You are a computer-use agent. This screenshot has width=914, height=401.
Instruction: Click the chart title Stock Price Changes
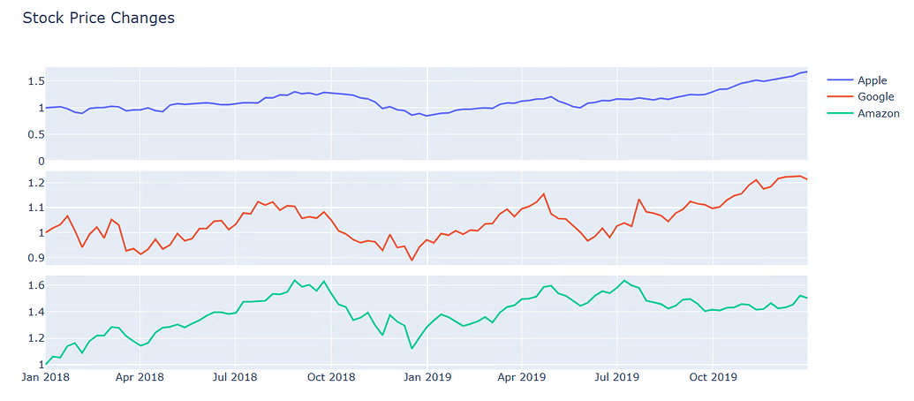tap(98, 18)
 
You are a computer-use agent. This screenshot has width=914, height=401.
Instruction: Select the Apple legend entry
tap(872, 80)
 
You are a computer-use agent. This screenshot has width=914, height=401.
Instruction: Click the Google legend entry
tap(875, 97)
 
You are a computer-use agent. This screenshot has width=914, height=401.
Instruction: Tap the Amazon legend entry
tap(878, 114)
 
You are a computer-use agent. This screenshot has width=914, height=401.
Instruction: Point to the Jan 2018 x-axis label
tap(45, 378)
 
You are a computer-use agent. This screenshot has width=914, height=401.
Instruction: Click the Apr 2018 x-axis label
tap(140, 378)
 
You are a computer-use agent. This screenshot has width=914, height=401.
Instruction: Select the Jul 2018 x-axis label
tap(235, 378)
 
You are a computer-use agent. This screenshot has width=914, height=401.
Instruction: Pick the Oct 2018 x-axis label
tap(330, 378)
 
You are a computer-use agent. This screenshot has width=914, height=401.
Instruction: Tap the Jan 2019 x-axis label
tap(427, 378)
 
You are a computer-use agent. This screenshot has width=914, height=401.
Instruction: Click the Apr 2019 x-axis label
tap(521, 378)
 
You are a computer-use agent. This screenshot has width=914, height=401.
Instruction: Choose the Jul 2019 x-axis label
tap(616, 378)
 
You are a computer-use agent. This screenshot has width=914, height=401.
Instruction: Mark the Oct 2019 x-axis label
tap(713, 378)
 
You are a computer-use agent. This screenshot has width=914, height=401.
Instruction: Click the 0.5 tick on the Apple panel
tap(34, 134)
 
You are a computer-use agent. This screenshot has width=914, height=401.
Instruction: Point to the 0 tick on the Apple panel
tap(40, 161)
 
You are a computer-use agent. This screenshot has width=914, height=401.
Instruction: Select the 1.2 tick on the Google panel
tap(34, 183)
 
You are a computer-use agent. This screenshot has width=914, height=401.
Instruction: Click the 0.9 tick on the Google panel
tap(34, 258)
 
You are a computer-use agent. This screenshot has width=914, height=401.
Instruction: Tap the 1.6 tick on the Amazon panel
tap(34, 285)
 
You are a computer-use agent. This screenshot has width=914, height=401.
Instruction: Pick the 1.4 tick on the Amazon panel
tap(34, 312)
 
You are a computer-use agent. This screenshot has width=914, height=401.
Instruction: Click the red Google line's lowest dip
tap(412, 261)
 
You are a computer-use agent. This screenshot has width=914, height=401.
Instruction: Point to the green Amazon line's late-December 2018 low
tap(412, 348)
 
